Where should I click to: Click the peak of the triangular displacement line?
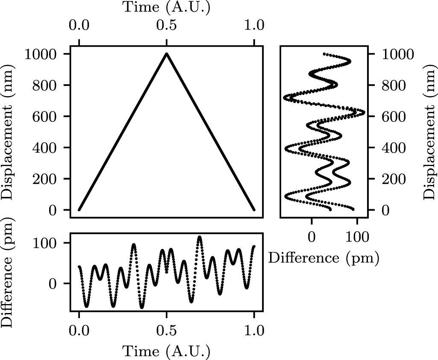[167, 54]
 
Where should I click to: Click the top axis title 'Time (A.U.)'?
[167, 7]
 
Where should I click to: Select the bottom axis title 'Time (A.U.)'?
[167, 351]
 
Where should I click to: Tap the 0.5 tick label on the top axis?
[167, 25]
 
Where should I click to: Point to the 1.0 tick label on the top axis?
[254, 25]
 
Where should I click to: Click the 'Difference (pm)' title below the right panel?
[323, 258]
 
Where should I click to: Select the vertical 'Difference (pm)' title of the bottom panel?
[7, 272]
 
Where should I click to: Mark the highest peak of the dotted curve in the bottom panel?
[200, 237]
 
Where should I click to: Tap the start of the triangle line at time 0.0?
[79, 210]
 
